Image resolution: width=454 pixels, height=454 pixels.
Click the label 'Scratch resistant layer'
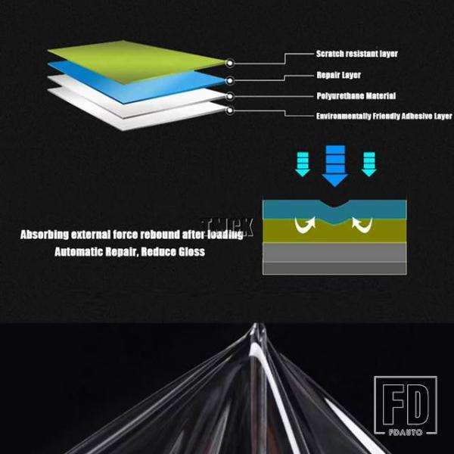pos(356,54)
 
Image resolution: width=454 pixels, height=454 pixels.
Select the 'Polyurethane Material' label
pos(356,96)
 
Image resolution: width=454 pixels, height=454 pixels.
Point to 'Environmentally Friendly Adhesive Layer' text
pos(384,117)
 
